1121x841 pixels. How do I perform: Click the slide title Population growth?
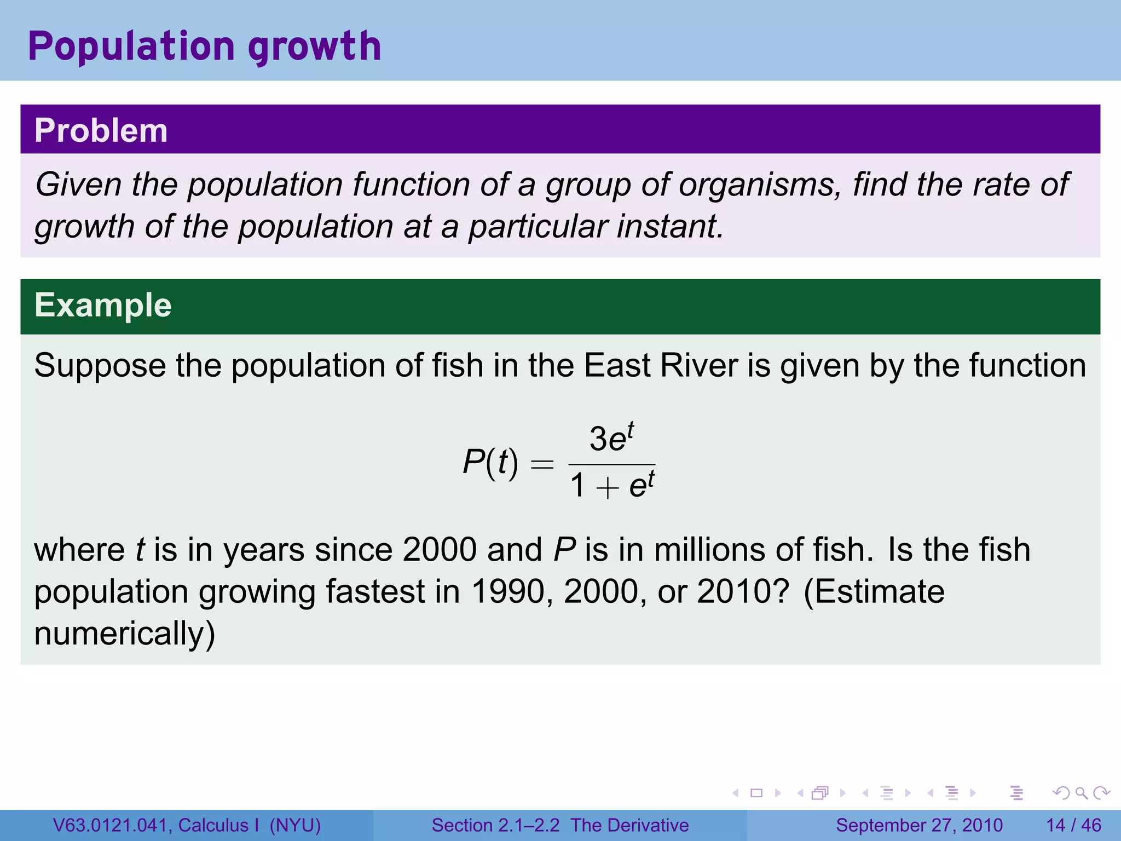coord(204,47)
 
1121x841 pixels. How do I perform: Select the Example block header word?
coord(103,305)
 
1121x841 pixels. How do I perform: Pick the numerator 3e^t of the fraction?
coord(611,438)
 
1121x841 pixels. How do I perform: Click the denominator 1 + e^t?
coord(611,485)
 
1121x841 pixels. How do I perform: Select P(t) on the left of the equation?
coord(490,463)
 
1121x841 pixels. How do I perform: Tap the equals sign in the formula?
coord(542,464)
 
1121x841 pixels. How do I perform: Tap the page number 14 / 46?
coord(1073,825)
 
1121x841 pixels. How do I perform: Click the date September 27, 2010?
coord(919,825)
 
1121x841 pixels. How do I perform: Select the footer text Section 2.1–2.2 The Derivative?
coord(560,825)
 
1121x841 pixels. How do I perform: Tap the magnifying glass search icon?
coord(1081,793)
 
